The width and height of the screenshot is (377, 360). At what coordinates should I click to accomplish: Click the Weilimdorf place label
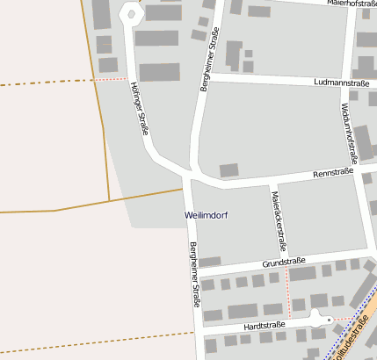(207, 214)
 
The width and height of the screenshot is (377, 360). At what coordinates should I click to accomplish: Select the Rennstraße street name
(334, 173)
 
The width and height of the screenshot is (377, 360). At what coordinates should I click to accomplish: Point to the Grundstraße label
(283, 263)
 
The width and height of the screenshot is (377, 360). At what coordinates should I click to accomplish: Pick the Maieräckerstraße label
(279, 220)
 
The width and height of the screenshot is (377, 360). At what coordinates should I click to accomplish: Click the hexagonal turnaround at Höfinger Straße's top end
(131, 14)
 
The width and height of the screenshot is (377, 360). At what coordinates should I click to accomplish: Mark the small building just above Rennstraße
(228, 169)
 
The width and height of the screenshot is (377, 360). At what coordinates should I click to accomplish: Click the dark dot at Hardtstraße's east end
(329, 320)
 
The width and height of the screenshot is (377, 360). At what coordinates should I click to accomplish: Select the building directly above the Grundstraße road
(210, 261)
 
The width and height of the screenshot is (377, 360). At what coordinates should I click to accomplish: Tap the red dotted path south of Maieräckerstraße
(287, 292)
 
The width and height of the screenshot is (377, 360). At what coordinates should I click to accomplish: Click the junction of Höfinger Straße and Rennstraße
(188, 172)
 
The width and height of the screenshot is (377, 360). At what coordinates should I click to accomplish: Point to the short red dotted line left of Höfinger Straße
(109, 79)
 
